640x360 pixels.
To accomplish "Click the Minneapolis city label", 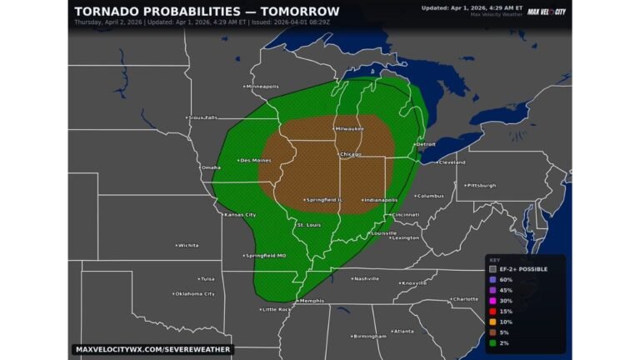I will click(262, 87).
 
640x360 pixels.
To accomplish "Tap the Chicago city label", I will click(350, 155).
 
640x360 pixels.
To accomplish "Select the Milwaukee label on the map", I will click(349, 129).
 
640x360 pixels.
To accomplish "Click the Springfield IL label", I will click(325, 200).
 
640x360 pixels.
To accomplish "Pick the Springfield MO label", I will click(265, 255).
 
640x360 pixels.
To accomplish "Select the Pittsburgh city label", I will click(481, 185).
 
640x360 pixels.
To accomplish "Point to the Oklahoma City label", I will click(194, 293).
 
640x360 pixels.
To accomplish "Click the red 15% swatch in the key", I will click(493, 311).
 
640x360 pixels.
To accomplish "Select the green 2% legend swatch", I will click(493, 342).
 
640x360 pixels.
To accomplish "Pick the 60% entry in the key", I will click(493, 279).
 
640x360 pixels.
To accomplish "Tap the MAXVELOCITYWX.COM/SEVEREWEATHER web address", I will click(152, 349).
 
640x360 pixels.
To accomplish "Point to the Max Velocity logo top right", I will click(546, 12).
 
